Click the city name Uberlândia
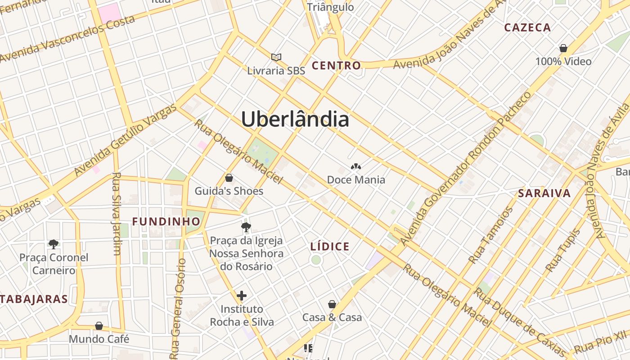tap(295, 119)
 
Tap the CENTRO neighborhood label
tap(336, 66)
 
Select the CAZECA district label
tap(527, 27)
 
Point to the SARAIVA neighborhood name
tap(544, 193)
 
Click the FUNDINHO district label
tap(166, 221)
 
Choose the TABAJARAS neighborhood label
tap(34, 299)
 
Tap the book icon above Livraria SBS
tap(276, 57)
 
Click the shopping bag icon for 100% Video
tap(563, 48)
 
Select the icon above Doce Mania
tap(356, 167)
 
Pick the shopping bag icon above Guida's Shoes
tap(229, 178)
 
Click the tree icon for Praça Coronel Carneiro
tap(54, 244)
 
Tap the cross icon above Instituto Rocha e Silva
tap(242, 296)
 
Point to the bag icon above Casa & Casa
tap(332, 304)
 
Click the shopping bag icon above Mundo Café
tap(99, 325)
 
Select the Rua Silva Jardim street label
tap(117, 214)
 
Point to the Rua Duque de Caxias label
tap(520, 322)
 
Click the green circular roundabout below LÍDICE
tap(316, 260)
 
